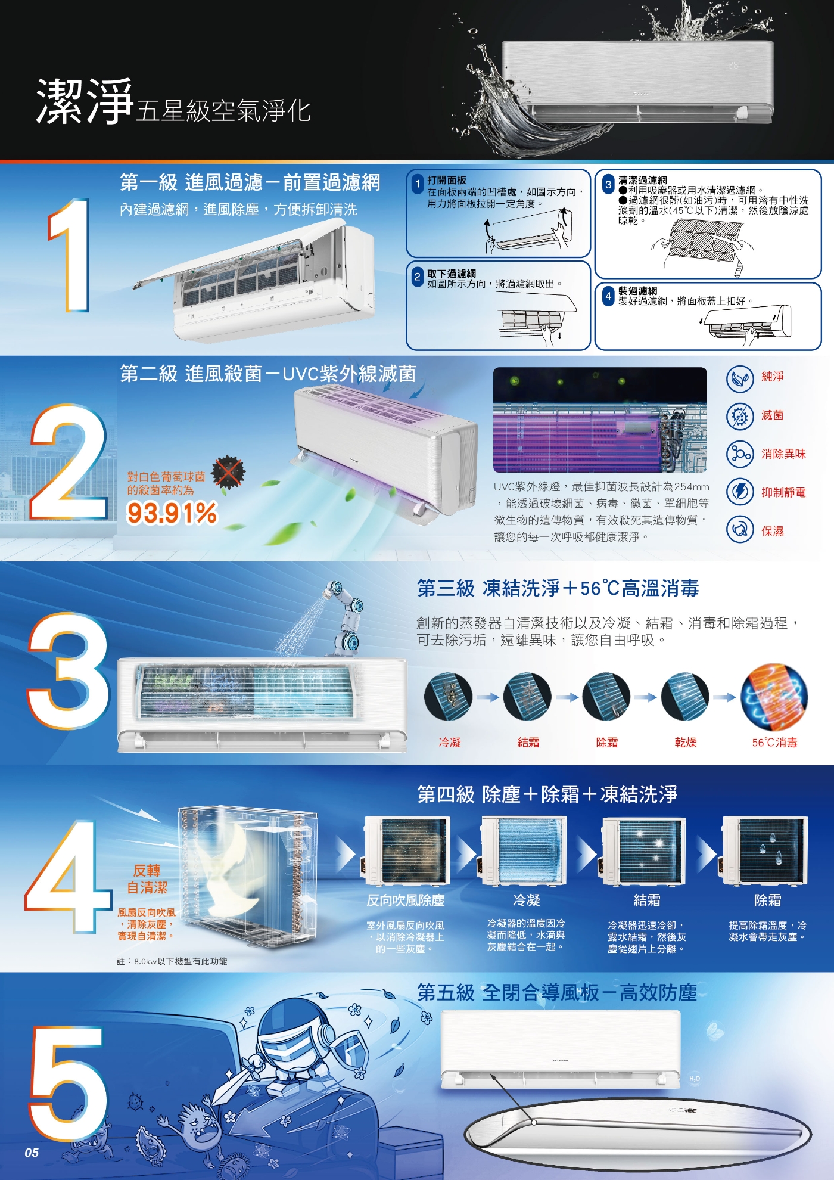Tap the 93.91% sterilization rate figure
pos(172,513)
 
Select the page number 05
pos(32,1153)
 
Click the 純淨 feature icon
pos(740,378)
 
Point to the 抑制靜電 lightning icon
pos(740,492)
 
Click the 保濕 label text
pos(773,531)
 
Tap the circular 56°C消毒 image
pos(774,697)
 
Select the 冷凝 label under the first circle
pos(450,743)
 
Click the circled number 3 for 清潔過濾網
pos(608,184)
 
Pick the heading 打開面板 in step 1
pos(447,180)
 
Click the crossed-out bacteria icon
pos(229,473)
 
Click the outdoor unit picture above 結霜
pos(645,851)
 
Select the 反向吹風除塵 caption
pos(406,900)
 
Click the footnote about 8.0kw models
pos(172,961)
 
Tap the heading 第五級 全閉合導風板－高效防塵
pos(556,993)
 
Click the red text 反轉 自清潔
pos(147,879)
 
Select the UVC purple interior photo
pos(599,420)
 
